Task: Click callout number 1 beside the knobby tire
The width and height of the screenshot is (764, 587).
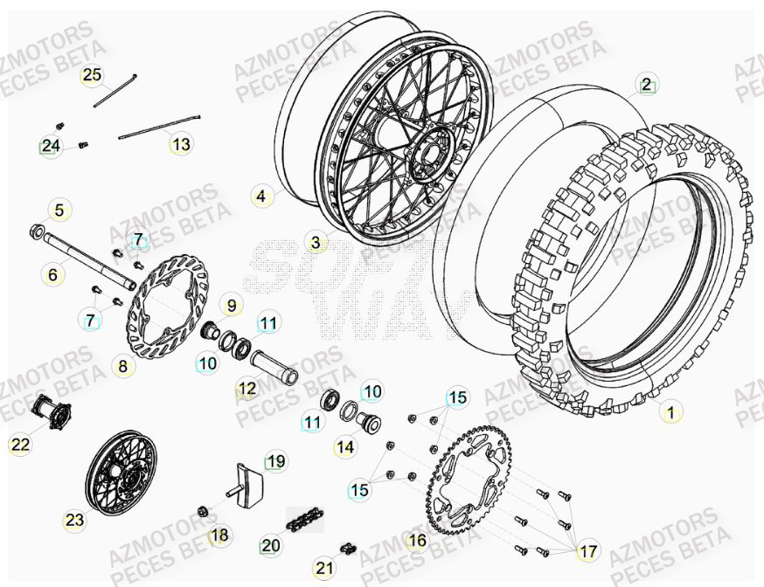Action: coord(670,411)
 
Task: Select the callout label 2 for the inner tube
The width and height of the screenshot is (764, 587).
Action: coord(645,85)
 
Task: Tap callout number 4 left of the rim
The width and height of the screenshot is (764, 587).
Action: coord(260,197)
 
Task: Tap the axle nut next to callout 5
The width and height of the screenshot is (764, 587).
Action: coord(38,231)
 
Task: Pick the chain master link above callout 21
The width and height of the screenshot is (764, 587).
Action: coord(346,548)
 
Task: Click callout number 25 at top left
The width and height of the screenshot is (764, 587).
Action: coord(92,75)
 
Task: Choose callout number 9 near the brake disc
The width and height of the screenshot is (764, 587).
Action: coord(232,306)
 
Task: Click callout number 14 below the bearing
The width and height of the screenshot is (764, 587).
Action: coord(345,448)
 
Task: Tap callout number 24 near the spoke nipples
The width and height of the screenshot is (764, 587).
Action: coord(51,145)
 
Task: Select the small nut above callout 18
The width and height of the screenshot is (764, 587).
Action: coord(202,511)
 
